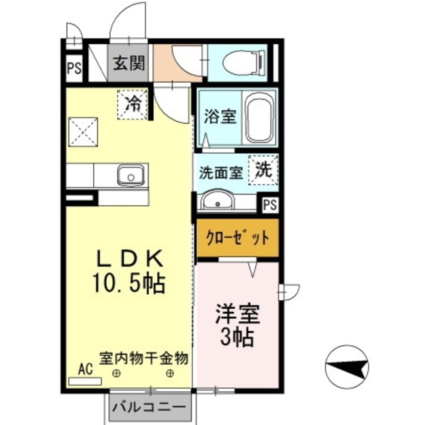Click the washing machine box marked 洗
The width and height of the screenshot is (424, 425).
click(263, 169)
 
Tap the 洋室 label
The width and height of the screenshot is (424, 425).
click(236, 313)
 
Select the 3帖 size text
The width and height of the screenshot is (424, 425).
click(236, 337)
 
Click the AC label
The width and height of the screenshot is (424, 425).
click(86, 369)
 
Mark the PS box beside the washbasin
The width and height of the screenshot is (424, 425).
click(269, 205)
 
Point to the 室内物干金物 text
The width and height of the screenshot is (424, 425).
click(143, 358)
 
